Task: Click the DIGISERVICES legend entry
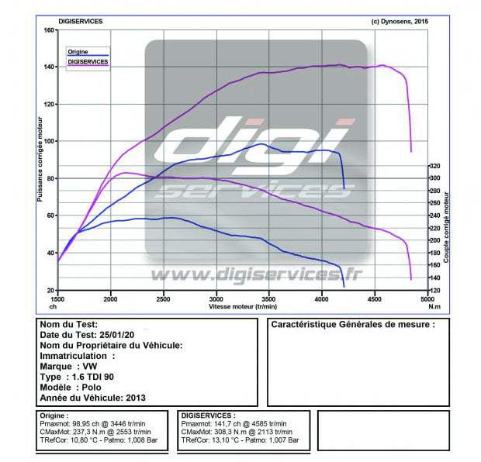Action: point(88,60)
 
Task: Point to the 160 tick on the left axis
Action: point(48,30)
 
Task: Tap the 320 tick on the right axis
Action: point(435,166)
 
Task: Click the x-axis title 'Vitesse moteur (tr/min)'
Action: point(242,306)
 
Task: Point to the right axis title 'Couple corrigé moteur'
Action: point(447,217)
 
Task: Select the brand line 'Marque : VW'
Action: point(69,366)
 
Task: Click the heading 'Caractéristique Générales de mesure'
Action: point(352,325)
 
